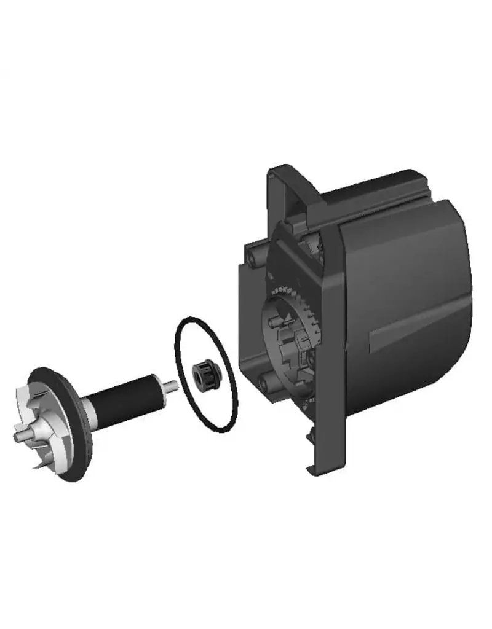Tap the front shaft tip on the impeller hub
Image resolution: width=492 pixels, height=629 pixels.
coord(18,437)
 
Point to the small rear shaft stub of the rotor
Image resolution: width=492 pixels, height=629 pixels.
coord(172,386)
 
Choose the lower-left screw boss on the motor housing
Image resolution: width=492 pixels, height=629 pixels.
coord(265,384)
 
